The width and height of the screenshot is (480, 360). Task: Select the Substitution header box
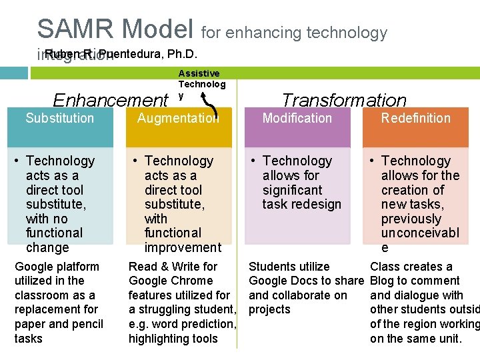(x=60, y=127)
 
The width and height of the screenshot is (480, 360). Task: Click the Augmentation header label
(x=177, y=119)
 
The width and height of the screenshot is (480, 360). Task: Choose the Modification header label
(x=297, y=119)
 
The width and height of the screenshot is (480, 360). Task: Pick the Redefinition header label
(x=415, y=119)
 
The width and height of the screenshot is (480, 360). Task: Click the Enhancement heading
(x=110, y=101)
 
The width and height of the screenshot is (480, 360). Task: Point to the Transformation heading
(x=343, y=101)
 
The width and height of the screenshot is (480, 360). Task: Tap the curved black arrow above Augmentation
(x=212, y=107)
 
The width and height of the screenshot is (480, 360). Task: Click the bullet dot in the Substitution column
(x=18, y=161)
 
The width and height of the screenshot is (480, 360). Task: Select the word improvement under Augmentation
(x=183, y=247)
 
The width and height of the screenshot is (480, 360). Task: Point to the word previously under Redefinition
(x=411, y=219)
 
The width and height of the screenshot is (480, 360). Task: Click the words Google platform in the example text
(x=57, y=267)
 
